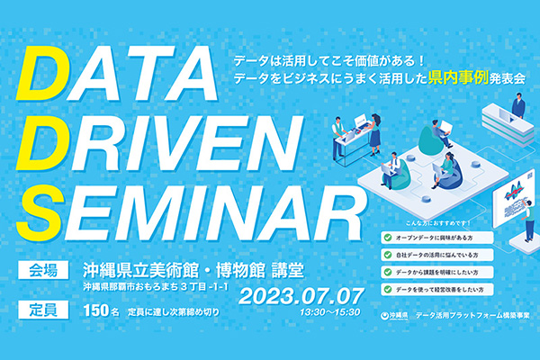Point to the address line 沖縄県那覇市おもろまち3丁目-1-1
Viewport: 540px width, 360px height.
[153, 287]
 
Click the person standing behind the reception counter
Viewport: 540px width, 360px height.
[517, 106]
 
